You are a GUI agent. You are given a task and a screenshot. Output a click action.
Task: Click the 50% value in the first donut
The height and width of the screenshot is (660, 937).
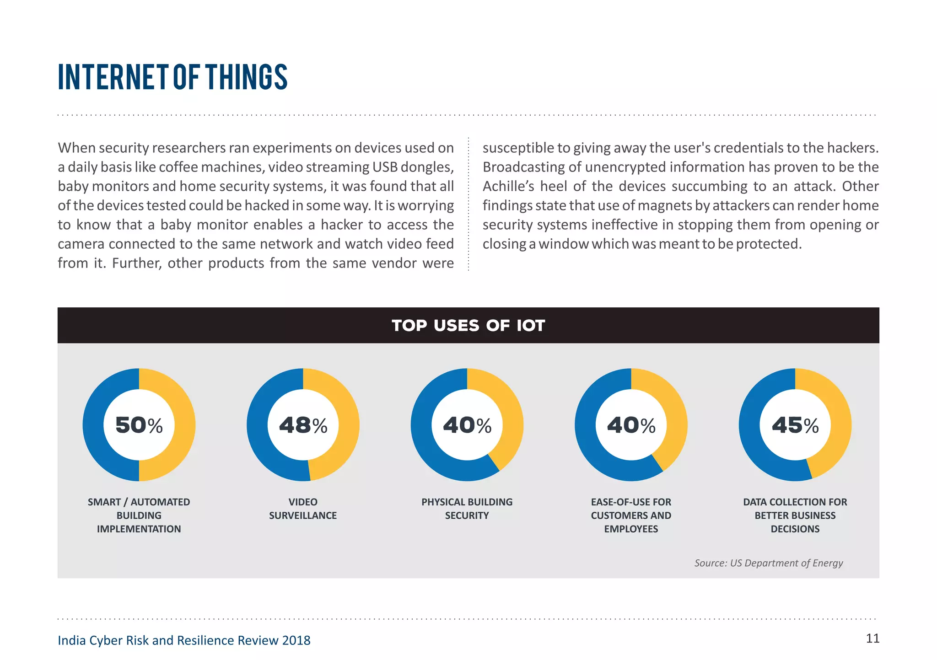click(x=139, y=425)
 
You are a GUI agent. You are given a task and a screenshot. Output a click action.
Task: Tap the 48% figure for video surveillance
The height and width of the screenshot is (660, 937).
click(x=303, y=425)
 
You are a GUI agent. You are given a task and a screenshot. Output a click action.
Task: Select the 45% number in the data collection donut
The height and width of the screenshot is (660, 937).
click(x=795, y=425)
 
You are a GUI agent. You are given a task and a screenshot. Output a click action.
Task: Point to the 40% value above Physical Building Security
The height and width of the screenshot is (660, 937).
click(x=467, y=425)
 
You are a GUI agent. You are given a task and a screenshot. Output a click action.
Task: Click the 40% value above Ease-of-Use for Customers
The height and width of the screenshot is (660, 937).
click(x=631, y=425)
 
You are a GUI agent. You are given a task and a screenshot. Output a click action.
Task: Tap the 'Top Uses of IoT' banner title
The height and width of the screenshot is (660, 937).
click(x=468, y=326)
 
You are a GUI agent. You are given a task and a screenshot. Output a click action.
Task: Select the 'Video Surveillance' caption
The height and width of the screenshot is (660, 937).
click(x=303, y=509)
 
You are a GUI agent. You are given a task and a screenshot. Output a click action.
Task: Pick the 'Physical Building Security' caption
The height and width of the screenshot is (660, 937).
click(x=467, y=509)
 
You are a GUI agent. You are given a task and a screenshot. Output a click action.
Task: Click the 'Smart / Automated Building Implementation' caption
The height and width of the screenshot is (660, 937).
click(x=139, y=515)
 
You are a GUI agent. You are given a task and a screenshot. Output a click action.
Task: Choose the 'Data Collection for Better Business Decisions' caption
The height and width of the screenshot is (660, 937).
click(x=795, y=515)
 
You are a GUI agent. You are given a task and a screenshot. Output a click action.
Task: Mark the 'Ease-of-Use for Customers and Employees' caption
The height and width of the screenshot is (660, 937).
click(x=631, y=515)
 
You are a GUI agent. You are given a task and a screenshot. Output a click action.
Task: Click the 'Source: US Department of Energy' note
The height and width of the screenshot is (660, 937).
click(x=769, y=563)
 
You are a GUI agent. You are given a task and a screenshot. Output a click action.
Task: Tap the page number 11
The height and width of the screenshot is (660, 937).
click(x=872, y=639)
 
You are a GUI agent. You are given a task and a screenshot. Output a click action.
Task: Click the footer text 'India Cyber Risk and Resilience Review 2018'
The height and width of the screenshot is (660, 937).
click(x=184, y=640)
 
